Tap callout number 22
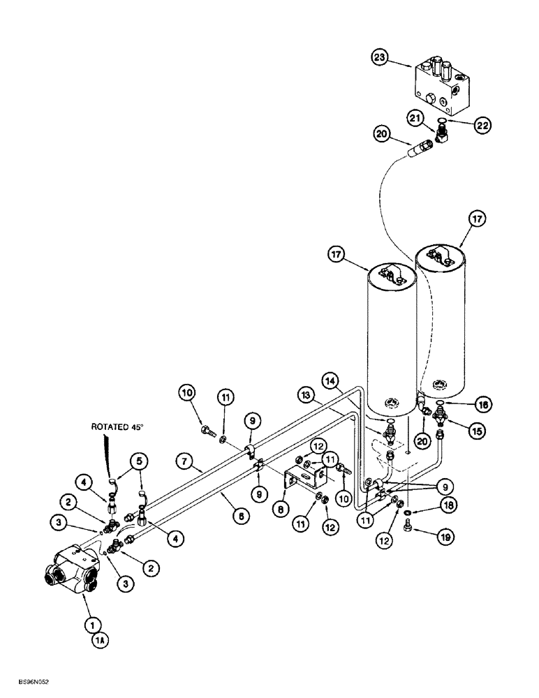(x=482, y=125)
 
